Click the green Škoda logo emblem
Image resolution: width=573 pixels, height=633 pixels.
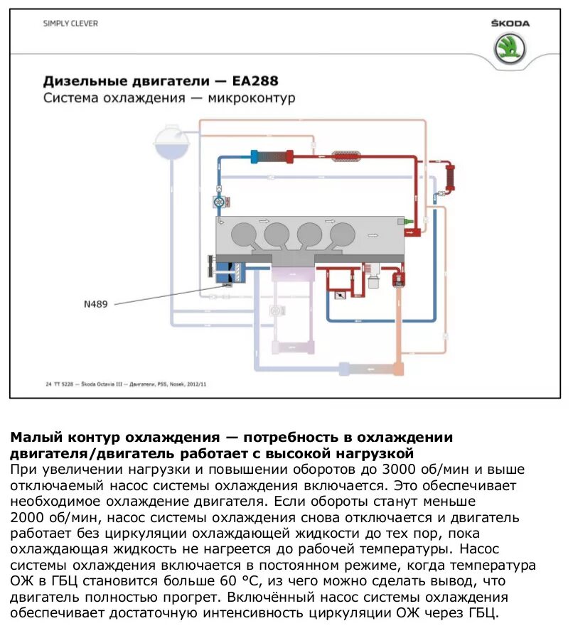(510, 49)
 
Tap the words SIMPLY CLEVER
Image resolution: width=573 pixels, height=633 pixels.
(70, 23)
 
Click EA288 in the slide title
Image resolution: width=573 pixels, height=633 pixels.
(253, 80)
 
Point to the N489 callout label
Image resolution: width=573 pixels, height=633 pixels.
(97, 304)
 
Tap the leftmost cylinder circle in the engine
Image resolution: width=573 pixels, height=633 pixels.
(244, 234)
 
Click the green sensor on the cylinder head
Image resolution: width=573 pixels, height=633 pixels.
(407, 223)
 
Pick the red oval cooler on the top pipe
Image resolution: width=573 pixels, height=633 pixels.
(348, 152)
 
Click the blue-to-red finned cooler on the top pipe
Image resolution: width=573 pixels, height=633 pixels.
(273, 156)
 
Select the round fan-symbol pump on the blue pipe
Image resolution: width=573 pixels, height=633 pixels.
(220, 202)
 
